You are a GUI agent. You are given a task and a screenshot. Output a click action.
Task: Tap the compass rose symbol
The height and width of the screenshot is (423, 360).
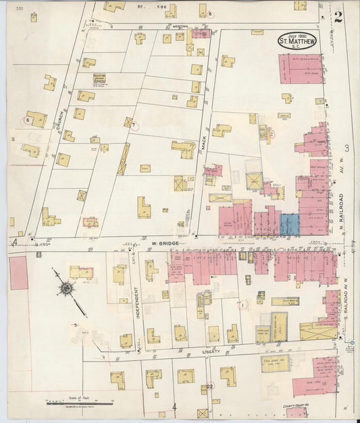[x=67, y=288]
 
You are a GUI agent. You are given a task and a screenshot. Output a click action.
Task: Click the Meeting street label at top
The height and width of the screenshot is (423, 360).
[x=180, y=26]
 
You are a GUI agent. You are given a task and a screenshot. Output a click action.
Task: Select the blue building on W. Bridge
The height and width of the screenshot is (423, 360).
[x=289, y=224]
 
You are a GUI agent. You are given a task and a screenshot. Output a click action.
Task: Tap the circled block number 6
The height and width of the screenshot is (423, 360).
[x=28, y=120]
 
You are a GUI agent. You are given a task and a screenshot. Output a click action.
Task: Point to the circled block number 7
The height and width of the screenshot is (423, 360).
[x=134, y=125]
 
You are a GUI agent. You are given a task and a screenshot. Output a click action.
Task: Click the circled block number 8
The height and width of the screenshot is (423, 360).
[x=210, y=13]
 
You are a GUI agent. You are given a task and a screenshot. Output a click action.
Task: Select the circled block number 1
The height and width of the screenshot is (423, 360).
[x=241, y=305]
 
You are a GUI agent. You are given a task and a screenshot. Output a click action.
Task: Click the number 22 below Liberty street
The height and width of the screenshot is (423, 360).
[x=210, y=387]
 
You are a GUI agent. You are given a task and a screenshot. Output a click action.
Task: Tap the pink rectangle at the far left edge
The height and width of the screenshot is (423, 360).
[x=18, y=273]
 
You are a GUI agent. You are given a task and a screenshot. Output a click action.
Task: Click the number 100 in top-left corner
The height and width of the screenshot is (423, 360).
[x=19, y=9]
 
